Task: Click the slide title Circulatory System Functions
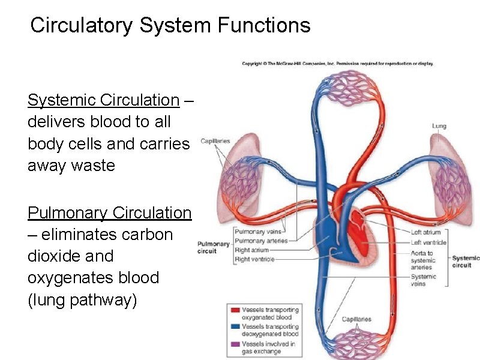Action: point(170,26)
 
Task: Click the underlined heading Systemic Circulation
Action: point(103,100)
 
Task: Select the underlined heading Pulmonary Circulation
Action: point(109,213)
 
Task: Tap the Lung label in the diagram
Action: point(439,126)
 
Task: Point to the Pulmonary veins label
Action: point(258,232)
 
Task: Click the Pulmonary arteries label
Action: point(261,241)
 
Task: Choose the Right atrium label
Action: point(252,250)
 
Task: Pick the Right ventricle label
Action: point(254,259)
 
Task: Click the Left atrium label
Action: point(425,232)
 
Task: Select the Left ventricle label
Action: point(428,242)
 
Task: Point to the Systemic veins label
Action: point(424,280)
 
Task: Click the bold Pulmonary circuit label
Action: point(214,247)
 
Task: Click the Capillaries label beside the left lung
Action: point(215,141)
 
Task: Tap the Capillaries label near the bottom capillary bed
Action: point(356,319)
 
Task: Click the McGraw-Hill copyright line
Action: point(337,64)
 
